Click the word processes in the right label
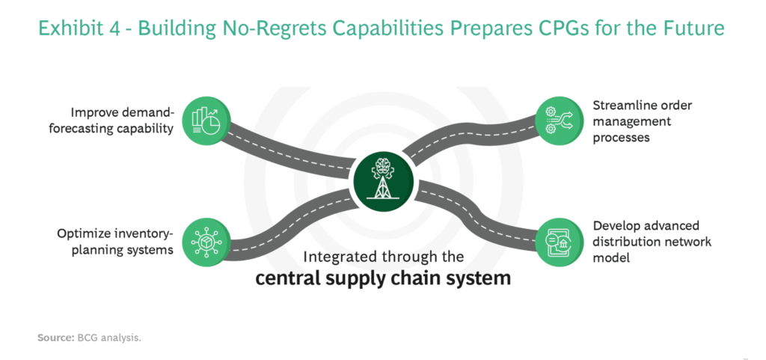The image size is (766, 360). click(622, 138)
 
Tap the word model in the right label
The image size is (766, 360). click(610, 259)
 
